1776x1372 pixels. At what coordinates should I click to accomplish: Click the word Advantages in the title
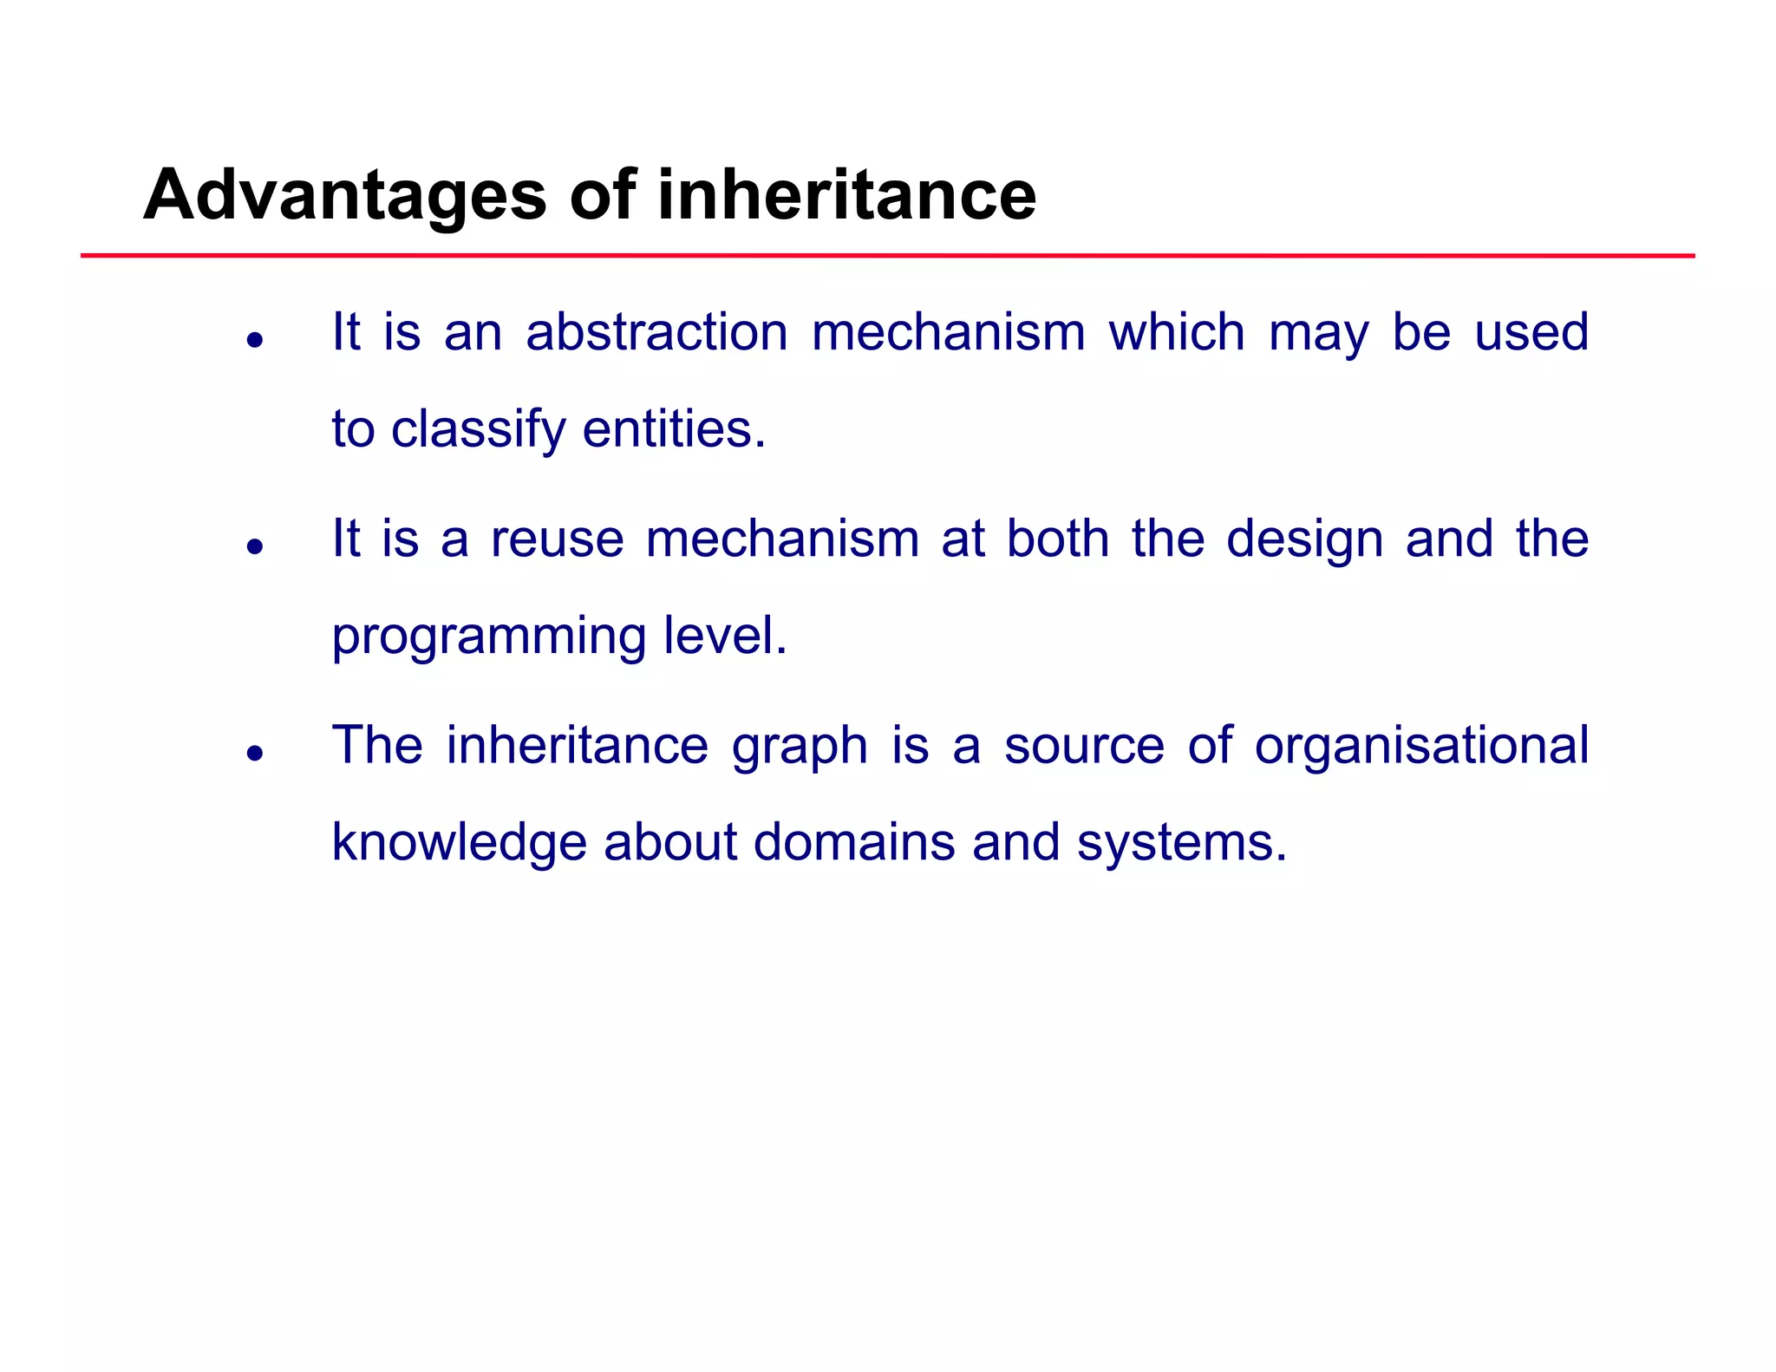pos(344,196)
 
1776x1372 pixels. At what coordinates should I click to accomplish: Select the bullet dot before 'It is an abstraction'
pos(254,340)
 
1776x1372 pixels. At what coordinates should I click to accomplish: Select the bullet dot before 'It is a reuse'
pos(254,546)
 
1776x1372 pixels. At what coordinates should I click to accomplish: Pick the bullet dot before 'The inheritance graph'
pos(254,753)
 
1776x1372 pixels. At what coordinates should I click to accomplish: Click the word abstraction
pos(656,332)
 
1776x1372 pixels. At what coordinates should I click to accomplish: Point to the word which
pos(1177,332)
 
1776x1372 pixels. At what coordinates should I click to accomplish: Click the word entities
pos(674,429)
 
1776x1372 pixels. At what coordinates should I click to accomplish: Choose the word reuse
pos(557,539)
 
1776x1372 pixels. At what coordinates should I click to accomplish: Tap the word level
pos(725,636)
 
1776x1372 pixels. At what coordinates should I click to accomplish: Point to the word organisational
pos(1421,746)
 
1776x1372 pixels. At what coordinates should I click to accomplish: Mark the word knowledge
pos(459,843)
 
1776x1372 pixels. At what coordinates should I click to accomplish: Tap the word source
pos(1084,747)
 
